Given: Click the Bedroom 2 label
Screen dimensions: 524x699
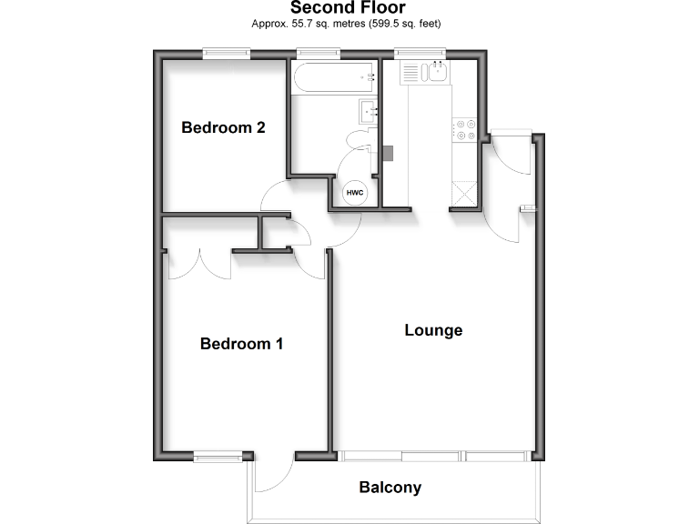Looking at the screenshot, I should [223, 127].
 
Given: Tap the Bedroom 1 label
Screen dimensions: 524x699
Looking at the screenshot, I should [241, 344].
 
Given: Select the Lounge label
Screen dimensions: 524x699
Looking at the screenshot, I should [433, 330].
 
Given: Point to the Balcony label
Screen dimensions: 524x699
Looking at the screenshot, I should [390, 488].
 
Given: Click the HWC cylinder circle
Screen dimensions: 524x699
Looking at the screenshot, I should [353, 194].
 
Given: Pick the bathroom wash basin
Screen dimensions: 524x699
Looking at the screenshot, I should [369, 112].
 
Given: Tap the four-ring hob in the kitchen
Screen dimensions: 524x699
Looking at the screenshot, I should [464, 129].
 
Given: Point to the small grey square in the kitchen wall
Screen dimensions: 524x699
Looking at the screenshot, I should [388, 153].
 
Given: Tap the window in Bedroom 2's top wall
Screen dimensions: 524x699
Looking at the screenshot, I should [226, 54].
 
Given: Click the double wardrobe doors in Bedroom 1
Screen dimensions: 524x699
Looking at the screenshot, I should [200, 263].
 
